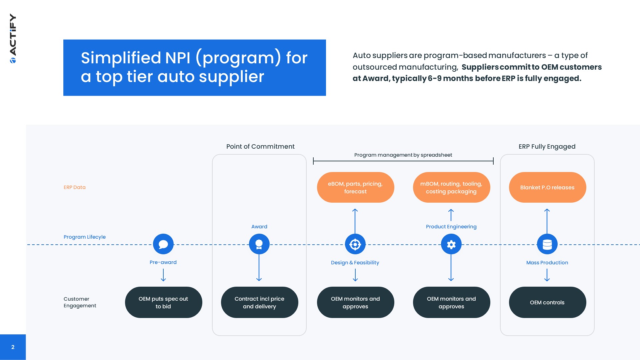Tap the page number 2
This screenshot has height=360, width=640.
(13, 347)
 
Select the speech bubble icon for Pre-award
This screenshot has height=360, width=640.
(163, 244)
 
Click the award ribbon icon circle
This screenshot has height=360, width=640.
(259, 244)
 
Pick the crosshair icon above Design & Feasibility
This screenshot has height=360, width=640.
(355, 244)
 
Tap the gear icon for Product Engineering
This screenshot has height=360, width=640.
(451, 244)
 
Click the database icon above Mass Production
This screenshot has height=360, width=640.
(547, 244)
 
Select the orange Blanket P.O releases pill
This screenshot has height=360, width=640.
(547, 187)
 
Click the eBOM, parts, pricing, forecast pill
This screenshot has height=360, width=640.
(355, 187)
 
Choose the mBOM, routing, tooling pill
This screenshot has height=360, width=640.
(451, 187)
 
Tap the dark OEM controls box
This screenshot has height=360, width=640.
(547, 302)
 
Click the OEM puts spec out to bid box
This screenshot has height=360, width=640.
(163, 302)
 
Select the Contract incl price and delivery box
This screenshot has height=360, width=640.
(259, 302)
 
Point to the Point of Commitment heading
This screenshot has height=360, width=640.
(260, 146)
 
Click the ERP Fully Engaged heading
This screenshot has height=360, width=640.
(547, 146)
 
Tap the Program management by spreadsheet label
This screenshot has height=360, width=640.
(403, 155)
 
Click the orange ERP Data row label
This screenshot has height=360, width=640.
(75, 187)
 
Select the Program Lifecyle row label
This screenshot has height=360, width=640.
(85, 237)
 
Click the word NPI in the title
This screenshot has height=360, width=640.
(178, 58)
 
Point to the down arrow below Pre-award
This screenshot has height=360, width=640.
(163, 275)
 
